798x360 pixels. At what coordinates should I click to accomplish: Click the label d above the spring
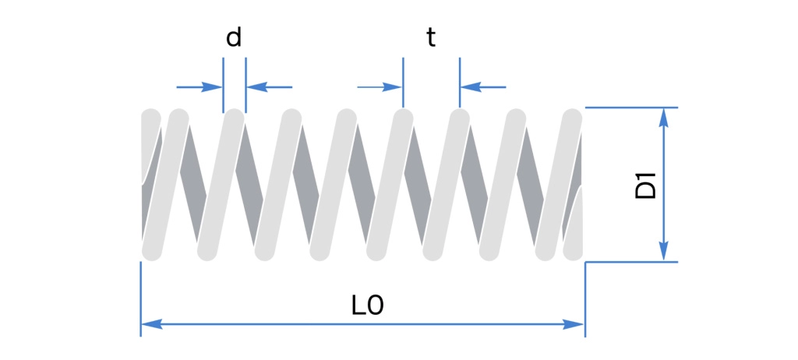234,37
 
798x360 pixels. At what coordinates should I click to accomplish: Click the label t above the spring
431,37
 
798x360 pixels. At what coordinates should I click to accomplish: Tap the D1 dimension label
646,185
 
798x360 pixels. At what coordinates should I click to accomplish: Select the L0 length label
368,305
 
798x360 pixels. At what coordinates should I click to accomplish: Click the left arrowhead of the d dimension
213,87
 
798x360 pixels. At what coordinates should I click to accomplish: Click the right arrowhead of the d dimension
256,87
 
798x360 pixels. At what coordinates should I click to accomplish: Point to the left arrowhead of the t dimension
393,87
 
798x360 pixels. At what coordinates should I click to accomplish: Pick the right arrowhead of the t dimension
471,87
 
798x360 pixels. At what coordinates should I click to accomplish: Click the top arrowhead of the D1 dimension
663,118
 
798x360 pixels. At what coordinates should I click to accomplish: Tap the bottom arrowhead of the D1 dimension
663,251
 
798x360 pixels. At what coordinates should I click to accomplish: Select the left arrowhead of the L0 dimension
152,324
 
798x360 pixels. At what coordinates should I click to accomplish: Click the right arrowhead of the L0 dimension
573,324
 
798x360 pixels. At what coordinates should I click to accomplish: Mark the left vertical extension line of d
223,85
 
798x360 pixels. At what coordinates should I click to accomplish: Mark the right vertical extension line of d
245,85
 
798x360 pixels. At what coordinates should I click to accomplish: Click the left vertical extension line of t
403,83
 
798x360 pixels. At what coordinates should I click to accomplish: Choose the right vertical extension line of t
460,83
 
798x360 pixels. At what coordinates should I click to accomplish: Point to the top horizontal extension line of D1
631,108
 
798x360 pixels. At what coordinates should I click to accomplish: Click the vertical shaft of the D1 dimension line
663,185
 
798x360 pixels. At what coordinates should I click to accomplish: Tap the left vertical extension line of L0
140,299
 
